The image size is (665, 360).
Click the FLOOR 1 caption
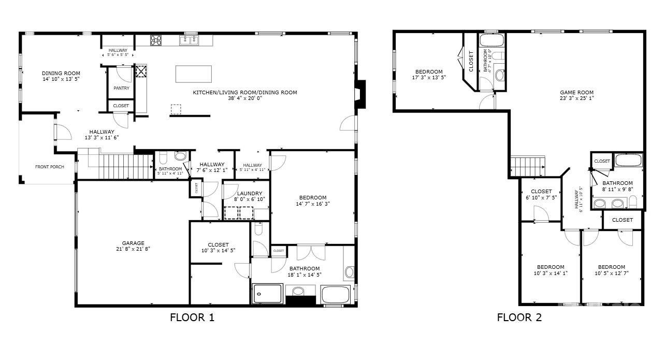(x=192, y=318)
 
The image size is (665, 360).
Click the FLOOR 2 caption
(x=519, y=318)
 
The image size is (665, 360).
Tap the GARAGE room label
(x=133, y=243)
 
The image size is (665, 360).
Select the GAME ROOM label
(x=576, y=93)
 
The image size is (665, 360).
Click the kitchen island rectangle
(x=194, y=74)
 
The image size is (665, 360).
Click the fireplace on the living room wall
(x=359, y=95)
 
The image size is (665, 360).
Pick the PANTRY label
(x=121, y=88)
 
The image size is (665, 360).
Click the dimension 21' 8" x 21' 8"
(x=133, y=249)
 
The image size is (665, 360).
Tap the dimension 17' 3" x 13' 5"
(x=429, y=77)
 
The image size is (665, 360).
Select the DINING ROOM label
(x=61, y=74)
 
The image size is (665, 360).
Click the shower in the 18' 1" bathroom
(x=267, y=294)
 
